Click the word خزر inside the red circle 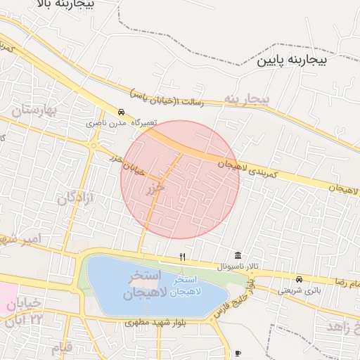pyautogui.click(x=155, y=189)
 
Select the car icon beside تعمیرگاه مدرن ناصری pyautogui.click(x=122, y=112)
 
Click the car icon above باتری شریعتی pyautogui.click(x=300, y=279)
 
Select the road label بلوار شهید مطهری pyautogui.click(x=156, y=323)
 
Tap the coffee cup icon pyautogui.click(x=238, y=352)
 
